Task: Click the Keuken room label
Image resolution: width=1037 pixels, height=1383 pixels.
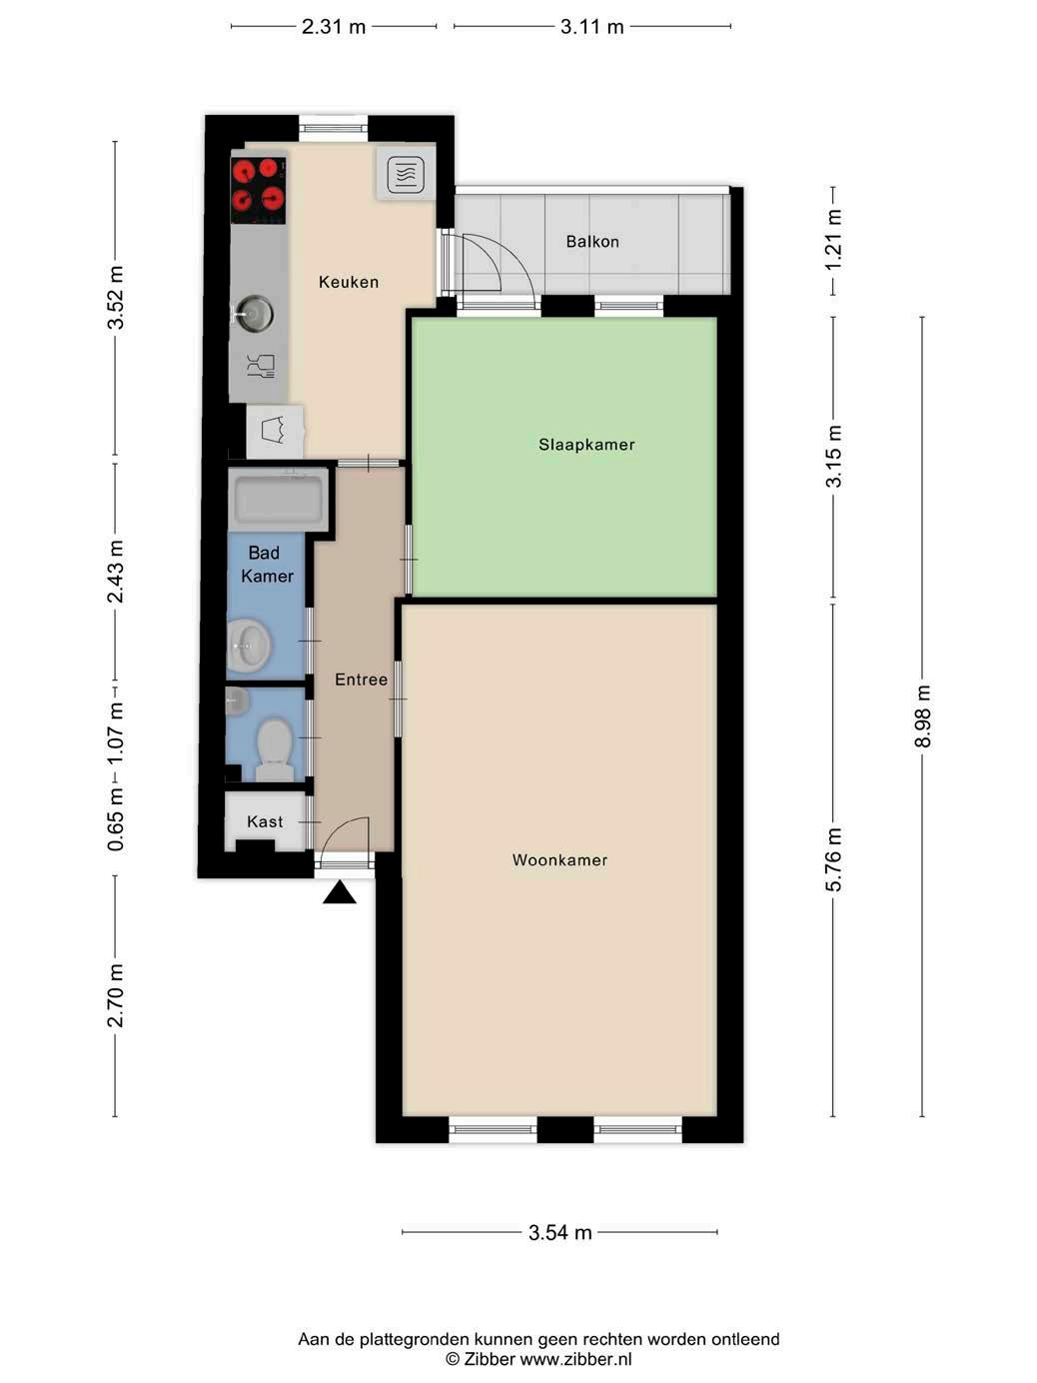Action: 349,282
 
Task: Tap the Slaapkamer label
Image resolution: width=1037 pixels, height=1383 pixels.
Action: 586,445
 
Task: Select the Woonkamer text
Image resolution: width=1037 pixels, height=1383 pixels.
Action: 559,859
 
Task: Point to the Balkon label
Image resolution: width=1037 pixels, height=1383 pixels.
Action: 591,241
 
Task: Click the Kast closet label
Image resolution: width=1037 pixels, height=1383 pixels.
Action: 265,821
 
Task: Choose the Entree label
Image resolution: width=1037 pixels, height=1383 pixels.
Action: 361,680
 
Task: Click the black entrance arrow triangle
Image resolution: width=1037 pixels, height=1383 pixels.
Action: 340,892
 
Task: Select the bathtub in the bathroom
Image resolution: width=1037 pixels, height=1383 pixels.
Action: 279,500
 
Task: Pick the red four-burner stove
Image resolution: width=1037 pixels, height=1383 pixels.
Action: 259,191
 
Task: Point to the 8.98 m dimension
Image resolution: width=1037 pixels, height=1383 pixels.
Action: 922,715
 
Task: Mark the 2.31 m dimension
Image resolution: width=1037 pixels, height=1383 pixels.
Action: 333,26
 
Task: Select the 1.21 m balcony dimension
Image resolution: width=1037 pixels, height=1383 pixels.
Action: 833,240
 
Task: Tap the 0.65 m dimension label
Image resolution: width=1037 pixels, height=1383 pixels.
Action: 115,819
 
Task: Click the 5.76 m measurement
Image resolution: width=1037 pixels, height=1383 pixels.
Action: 833,860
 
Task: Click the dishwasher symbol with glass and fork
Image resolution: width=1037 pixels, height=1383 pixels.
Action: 261,366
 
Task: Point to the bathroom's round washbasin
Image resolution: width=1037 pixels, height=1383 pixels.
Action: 250,646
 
